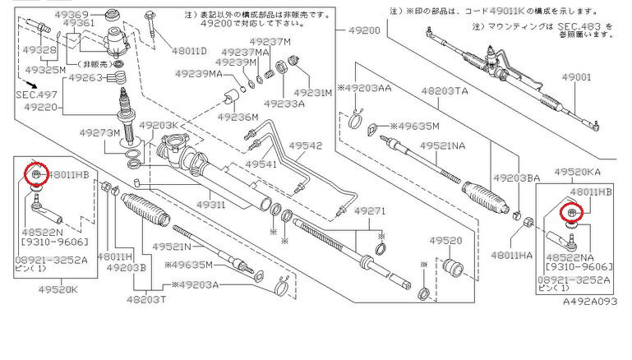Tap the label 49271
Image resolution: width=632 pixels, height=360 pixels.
coord(370,211)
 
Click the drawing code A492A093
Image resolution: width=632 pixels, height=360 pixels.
coord(589,302)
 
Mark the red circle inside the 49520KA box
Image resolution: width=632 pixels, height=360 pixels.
coord(570,214)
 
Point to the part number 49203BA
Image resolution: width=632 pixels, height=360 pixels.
coord(516,178)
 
